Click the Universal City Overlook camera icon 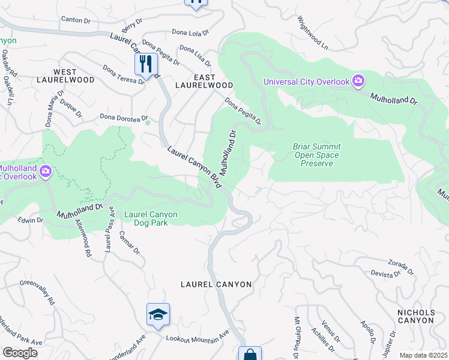tap(358, 81)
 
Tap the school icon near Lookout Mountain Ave tap(158, 314)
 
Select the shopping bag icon tap(250, 354)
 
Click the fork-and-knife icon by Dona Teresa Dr tap(146, 64)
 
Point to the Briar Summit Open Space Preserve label tap(316, 155)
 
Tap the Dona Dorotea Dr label tap(124, 117)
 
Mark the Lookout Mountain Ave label tap(197, 340)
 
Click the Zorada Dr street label tap(400, 266)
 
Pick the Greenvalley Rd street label tap(37, 291)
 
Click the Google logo tap(19, 353)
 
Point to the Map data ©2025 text tap(423, 355)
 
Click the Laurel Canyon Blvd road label tap(193, 166)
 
